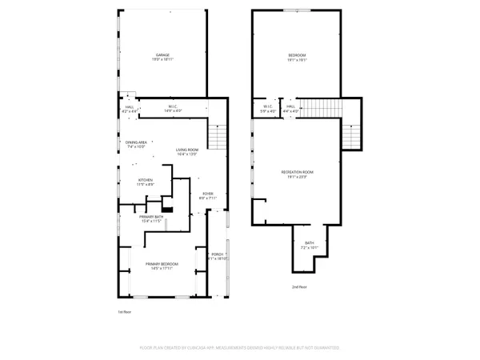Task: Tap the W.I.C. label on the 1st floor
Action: [x=172, y=108]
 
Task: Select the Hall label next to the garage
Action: [x=129, y=108]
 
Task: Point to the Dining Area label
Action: [x=137, y=144]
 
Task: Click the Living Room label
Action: [x=186, y=151]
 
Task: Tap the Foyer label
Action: [x=207, y=195]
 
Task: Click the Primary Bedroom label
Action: [x=162, y=266]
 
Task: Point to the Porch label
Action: [x=218, y=257]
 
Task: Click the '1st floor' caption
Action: [x=124, y=311]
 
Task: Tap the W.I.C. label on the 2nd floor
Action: [x=268, y=108]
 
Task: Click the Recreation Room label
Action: [x=297, y=174]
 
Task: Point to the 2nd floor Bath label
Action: [x=309, y=246]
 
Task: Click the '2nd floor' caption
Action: [x=298, y=286]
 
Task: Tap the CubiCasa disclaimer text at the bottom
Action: [x=239, y=348]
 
